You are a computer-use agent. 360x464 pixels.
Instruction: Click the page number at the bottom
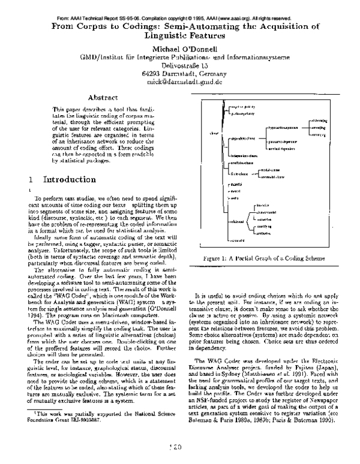(178, 447)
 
